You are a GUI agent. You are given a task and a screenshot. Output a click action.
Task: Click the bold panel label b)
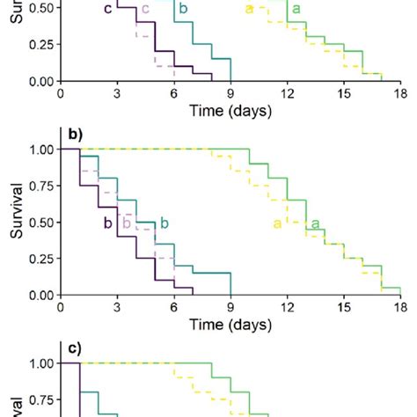(x=75, y=135)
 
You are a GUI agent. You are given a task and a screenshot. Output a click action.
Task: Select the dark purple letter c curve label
(x=107, y=10)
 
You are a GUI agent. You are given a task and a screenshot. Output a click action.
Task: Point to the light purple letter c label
(x=145, y=10)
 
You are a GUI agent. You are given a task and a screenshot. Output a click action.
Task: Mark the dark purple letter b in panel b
(x=107, y=223)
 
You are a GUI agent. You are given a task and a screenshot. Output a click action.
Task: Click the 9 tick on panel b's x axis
(x=230, y=305)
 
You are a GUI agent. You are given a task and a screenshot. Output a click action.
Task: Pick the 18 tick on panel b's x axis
(x=399, y=305)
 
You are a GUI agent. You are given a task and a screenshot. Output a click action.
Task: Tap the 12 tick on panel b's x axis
(x=287, y=305)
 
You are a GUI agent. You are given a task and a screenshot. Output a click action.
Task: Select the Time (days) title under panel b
(x=230, y=324)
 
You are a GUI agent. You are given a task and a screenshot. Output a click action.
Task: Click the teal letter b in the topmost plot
(x=183, y=10)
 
